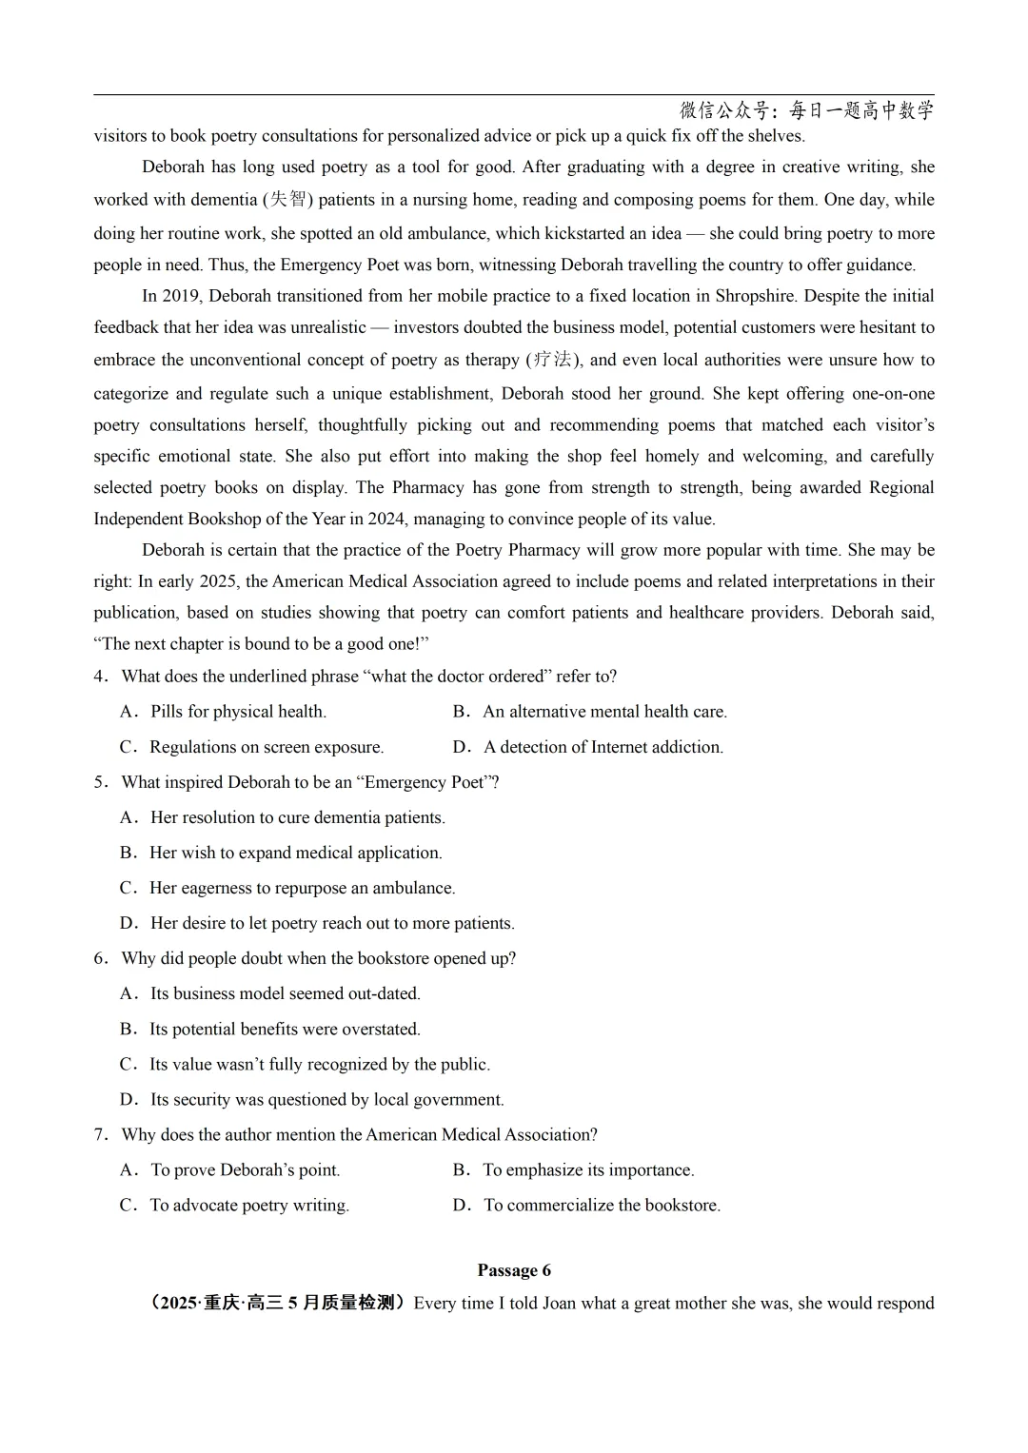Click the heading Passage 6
[514, 1270]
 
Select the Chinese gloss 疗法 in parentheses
[551, 360]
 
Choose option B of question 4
[590, 712]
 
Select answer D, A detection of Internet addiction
[588, 747]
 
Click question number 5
[100, 782]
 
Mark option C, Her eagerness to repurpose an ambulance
[287, 888]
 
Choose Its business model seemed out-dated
[270, 993]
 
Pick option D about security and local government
[312, 1099]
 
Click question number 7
[100, 1134]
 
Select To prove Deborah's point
[230, 1169]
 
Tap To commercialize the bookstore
[587, 1205]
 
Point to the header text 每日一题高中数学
[861, 110]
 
